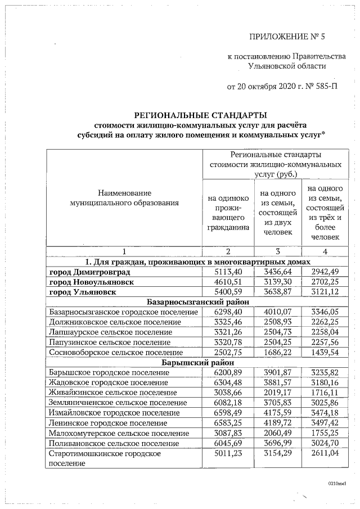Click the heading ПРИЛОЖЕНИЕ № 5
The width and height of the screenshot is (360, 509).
(287, 37)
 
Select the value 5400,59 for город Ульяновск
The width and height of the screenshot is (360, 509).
(228, 291)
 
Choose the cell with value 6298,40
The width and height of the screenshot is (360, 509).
(228, 312)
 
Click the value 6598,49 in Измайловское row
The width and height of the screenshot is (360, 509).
(228, 412)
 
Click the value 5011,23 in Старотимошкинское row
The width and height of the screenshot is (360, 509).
(228, 453)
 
